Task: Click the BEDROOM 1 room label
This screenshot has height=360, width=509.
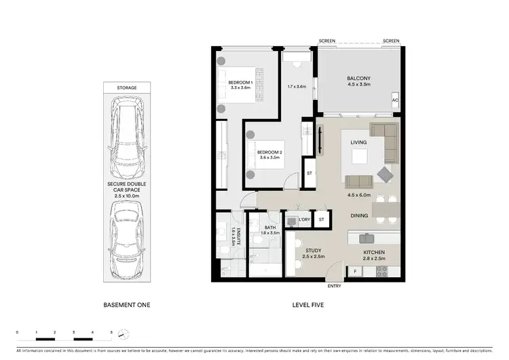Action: [241, 82]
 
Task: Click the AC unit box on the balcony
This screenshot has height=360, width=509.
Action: [395, 101]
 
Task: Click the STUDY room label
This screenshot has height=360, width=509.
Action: [312, 251]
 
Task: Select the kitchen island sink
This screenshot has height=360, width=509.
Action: [367, 238]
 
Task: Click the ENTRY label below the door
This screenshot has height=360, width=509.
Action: [334, 285]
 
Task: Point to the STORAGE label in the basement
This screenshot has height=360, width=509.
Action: [126, 88]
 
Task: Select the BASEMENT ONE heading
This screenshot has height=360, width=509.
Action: [126, 306]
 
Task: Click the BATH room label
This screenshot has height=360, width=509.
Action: [269, 228]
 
